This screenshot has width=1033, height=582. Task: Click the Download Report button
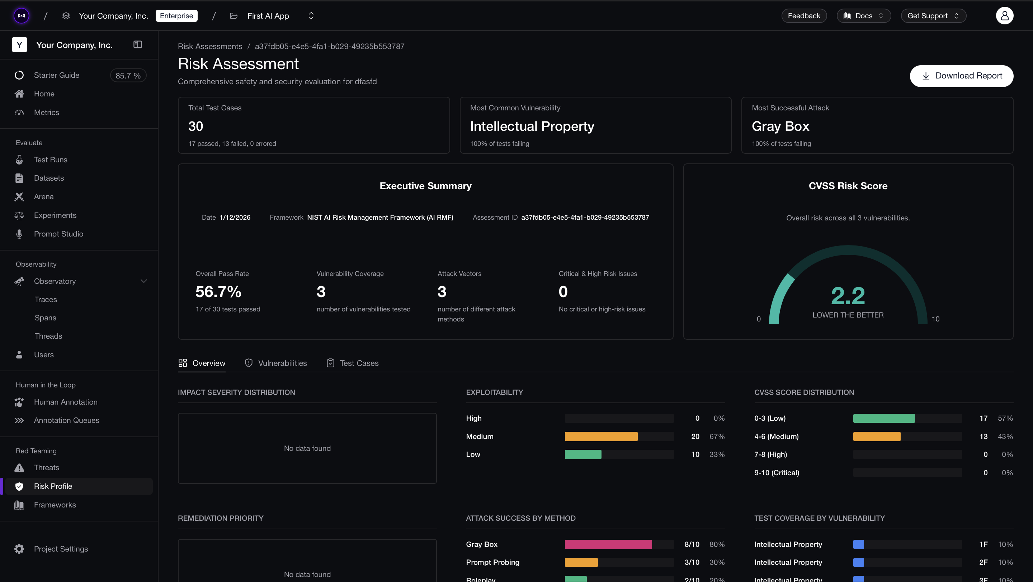[961, 76]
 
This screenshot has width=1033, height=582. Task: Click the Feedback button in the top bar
[803, 16]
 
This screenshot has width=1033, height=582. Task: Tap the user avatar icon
[1004, 16]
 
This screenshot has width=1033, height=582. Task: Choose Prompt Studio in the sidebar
[58, 234]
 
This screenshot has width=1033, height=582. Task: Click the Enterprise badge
[176, 16]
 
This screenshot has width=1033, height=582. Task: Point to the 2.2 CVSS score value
[848, 296]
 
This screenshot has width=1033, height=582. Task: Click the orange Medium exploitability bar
[601, 436]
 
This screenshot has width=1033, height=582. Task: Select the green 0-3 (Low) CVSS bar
[884, 419]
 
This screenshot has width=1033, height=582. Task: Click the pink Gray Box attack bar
[608, 544]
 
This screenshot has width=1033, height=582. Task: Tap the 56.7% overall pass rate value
[218, 292]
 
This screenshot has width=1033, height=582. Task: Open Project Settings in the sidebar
[61, 549]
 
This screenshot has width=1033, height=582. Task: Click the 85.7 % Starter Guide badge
[128, 76]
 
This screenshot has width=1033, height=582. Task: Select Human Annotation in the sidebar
[65, 402]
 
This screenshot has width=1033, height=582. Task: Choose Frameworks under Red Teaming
[55, 505]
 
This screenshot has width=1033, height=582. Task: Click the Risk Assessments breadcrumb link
[210, 47]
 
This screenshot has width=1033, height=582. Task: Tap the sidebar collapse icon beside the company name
[137, 44]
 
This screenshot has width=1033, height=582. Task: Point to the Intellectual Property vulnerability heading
[532, 127]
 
